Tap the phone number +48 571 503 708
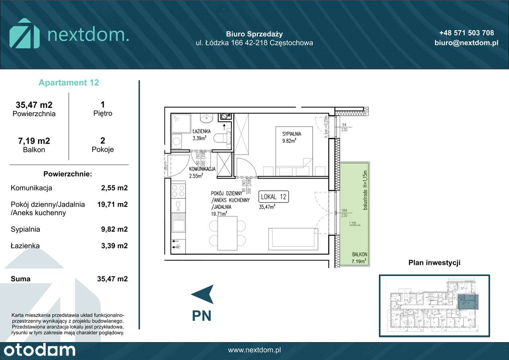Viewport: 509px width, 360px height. [466, 33]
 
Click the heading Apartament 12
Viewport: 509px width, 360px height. [69, 83]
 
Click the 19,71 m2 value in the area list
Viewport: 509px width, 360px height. [113, 204]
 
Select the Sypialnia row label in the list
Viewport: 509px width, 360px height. [25, 229]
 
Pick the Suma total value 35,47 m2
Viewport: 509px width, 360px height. [113, 279]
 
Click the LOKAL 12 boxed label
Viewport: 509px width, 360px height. [273, 197]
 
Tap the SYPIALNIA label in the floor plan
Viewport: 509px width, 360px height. [291, 134]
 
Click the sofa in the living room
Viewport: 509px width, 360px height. [292, 239]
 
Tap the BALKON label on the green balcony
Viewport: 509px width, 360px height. [359, 254]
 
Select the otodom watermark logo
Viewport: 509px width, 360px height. [38, 350]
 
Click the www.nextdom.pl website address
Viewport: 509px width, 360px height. [254, 350]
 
